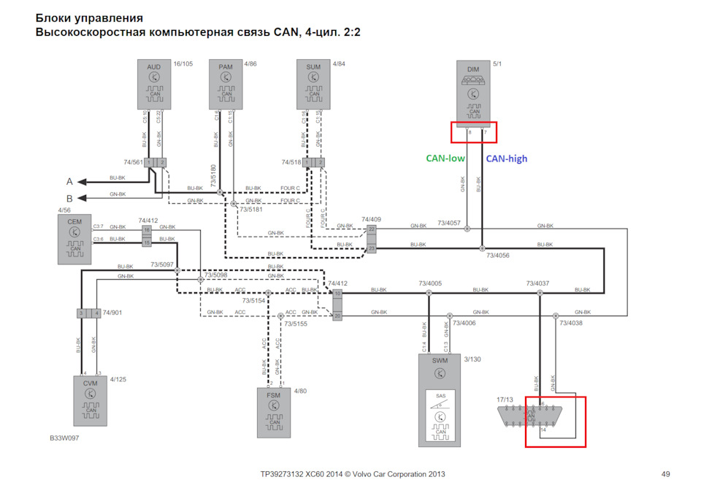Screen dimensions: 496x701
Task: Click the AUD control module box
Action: (x=153, y=85)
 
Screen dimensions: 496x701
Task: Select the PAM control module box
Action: (x=226, y=85)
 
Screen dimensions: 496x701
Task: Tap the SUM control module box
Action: (x=313, y=85)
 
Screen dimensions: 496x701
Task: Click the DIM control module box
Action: (x=473, y=91)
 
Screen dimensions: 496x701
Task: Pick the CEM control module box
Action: (x=74, y=239)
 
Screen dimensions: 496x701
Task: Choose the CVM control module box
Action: (x=90, y=400)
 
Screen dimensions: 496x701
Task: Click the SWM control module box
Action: (x=439, y=400)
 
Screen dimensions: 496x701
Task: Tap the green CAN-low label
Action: (x=448, y=159)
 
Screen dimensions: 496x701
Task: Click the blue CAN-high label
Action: (x=507, y=159)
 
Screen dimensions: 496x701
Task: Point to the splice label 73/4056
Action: (x=499, y=256)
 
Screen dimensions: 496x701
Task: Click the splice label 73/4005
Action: (x=431, y=283)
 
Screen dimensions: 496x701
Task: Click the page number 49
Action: (x=665, y=474)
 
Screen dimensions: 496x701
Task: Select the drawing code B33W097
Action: (x=65, y=439)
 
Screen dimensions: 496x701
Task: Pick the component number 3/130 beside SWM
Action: (x=473, y=359)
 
